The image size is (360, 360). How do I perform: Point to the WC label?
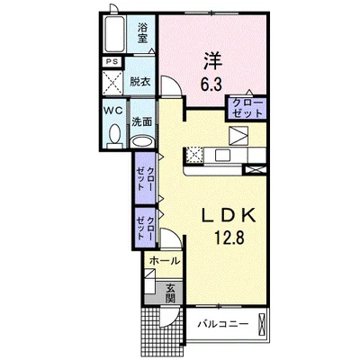[112, 111]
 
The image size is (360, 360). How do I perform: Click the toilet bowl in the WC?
[113, 135]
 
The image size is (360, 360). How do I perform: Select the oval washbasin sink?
[142, 141]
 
